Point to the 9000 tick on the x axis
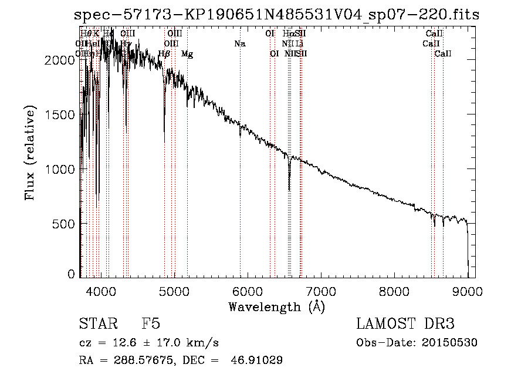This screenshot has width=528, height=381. click(468, 290)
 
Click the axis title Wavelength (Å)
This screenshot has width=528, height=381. click(276, 306)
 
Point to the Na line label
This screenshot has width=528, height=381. click(239, 43)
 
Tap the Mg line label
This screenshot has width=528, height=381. click(187, 54)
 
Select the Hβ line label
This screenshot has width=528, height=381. click(164, 54)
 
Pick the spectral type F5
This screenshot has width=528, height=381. click(151, 324)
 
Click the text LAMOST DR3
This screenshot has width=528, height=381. click(405, 324)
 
